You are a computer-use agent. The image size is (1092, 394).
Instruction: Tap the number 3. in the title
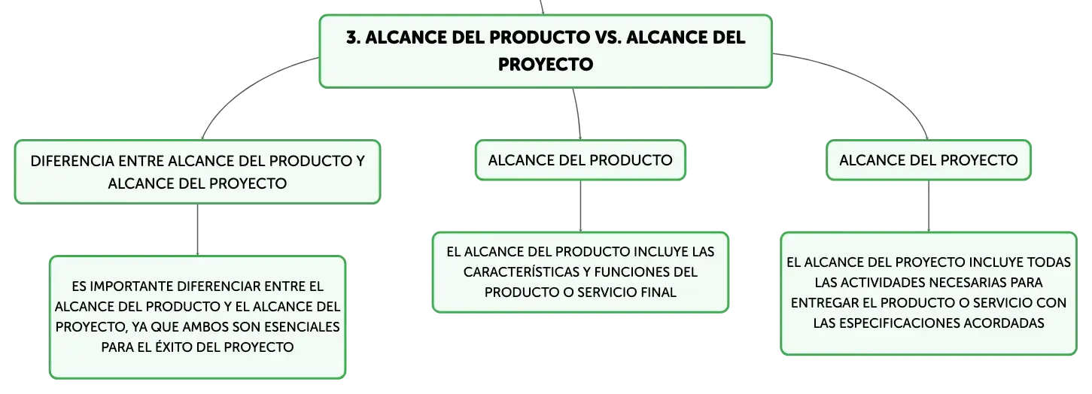pyautogui.click(x=354, y=38)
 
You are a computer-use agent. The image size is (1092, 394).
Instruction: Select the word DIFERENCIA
pyautogui.click(x=72, y=161)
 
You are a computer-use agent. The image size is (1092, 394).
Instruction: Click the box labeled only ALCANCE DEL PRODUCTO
pyautogui.click(x=580, y=160)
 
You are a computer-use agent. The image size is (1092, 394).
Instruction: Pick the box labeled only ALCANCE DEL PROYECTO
pyautogui.click(x=928, y=160)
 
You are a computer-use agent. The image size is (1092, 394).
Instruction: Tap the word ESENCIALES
pyautogui.click(x=297, y=327)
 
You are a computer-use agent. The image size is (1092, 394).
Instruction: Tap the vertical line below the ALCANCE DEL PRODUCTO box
pyautogui.click(x=580, y=206)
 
